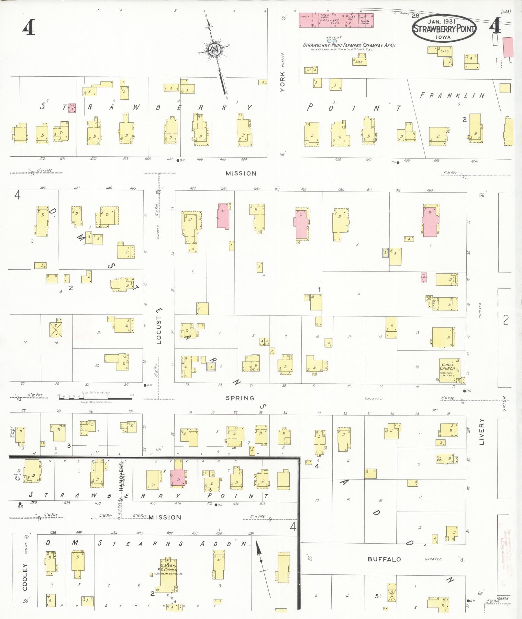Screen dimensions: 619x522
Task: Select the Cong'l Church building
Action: coord(449,370)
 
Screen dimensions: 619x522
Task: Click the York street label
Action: coord(283,82)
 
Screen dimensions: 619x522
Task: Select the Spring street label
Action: coord(240,398)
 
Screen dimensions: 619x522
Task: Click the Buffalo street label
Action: coord(384,559)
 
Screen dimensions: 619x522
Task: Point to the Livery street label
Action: coord(482,432)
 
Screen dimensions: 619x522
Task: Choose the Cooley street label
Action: coord(25,577)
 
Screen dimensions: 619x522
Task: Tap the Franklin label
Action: coord(452,95)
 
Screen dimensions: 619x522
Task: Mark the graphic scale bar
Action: coord(96,398)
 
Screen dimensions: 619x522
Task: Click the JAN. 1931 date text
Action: coord(441,21)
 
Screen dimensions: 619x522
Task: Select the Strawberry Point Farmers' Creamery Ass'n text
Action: coord(349,45)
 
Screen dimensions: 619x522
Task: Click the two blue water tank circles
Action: coord(332,41)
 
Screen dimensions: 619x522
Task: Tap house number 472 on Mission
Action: coord(42,159)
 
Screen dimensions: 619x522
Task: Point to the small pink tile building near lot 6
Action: coord(72,108)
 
